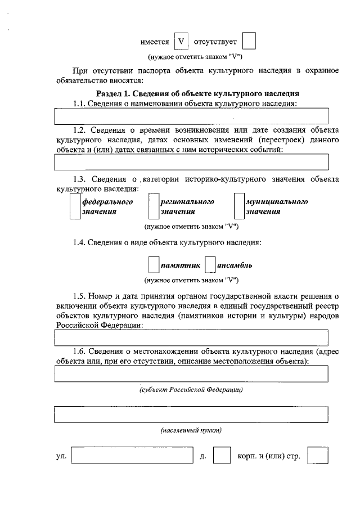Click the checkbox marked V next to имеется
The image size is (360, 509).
(x=181, y=42)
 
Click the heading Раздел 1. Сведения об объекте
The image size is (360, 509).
(x=197, y=93)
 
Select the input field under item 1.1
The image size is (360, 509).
(x=191, y=116)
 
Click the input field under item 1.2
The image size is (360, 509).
(x=191, y=162)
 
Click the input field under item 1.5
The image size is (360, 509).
(x=191, y=337)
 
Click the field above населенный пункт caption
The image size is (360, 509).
(x=191, y=413)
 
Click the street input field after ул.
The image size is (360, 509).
(x=133, y=456)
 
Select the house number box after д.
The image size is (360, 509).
(x=222, y=456)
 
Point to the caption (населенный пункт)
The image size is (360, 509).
(x=191, y=430)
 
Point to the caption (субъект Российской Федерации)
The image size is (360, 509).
(x=191, y=390)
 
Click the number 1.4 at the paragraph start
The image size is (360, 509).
(x=79, y=243)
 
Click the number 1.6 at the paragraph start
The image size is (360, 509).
(x=79, y=352)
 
